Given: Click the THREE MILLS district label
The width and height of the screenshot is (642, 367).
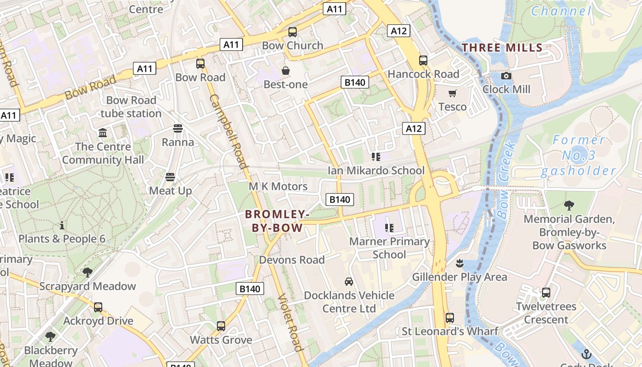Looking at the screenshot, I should point(502,47).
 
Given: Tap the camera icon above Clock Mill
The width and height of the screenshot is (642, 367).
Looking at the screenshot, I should point(506,76).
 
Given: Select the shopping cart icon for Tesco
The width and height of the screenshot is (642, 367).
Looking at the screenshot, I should point(453,94).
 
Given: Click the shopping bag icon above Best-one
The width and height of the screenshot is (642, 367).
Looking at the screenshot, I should point(286,71).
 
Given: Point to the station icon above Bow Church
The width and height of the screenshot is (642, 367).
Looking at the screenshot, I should point(293,32).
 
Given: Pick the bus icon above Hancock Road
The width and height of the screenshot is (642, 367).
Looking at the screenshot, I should point(423,61).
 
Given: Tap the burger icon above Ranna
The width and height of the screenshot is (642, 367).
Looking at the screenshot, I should point(178,128).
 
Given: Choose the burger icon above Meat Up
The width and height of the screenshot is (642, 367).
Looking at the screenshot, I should point(170,177).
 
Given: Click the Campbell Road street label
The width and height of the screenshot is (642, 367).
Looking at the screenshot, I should point(228,132).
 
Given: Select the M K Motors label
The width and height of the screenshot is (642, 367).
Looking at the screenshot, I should point(278,186).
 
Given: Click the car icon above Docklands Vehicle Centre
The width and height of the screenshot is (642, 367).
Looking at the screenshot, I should point(349,281).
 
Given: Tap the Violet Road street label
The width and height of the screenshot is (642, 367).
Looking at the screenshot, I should point(290,322).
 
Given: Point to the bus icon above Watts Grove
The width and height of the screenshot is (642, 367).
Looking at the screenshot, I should point(221,326).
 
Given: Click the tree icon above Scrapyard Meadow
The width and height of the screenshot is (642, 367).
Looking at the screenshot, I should point(87,272).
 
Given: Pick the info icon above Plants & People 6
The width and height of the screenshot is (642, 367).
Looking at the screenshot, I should point(62,225).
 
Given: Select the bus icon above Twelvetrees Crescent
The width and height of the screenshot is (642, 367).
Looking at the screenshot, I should point(546,293).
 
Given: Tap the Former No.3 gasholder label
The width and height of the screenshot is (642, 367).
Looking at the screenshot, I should point(578,156).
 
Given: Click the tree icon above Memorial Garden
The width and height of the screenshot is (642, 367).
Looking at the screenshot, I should point(569,205).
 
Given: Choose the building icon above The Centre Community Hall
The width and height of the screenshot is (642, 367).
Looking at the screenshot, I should point(103,133).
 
